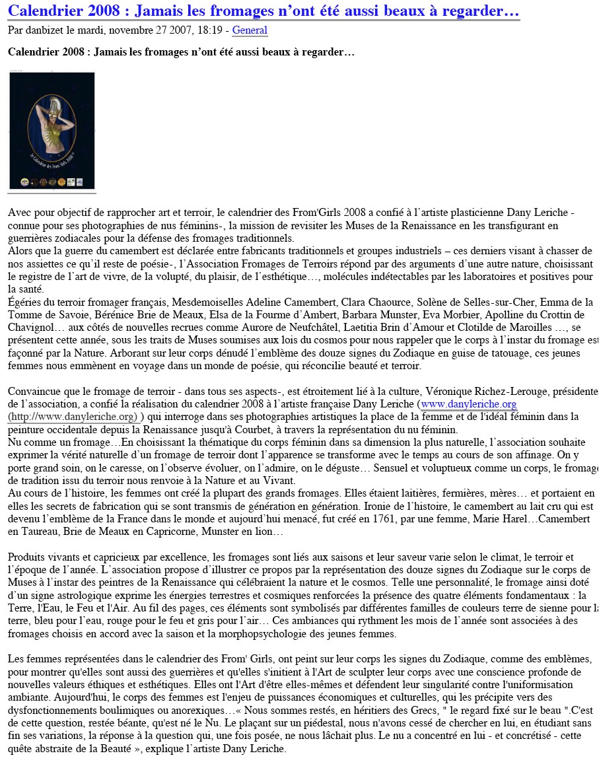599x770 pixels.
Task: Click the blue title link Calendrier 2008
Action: pos(264,11)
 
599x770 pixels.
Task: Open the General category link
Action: pos(250,30)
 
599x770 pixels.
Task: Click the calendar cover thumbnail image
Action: pos(52,131)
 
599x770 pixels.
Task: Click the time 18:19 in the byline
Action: pos(212,30)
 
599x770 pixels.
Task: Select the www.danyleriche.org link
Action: pos(469,404)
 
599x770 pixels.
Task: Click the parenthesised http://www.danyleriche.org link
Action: pos(74,417)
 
